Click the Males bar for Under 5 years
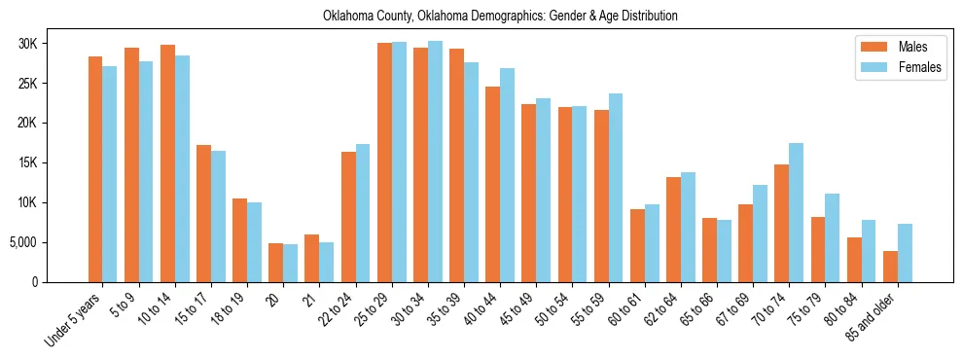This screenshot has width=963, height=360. tap(95, 169)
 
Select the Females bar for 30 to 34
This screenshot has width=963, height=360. tap(435, 162)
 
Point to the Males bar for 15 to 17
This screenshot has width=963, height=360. tap(203, 213)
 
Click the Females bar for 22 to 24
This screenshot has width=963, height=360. tap(363, 213)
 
